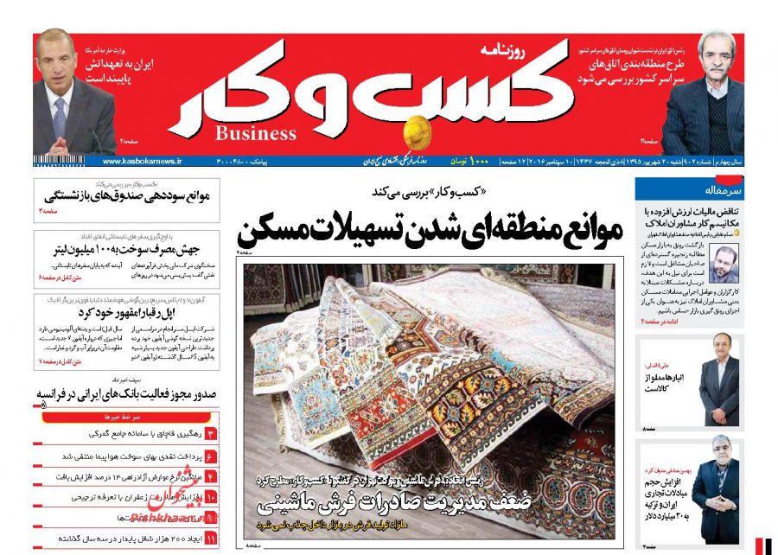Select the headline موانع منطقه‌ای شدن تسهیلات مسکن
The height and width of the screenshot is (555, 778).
tap(429, 230)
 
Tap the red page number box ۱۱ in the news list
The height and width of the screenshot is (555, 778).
tap(210, 537)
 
